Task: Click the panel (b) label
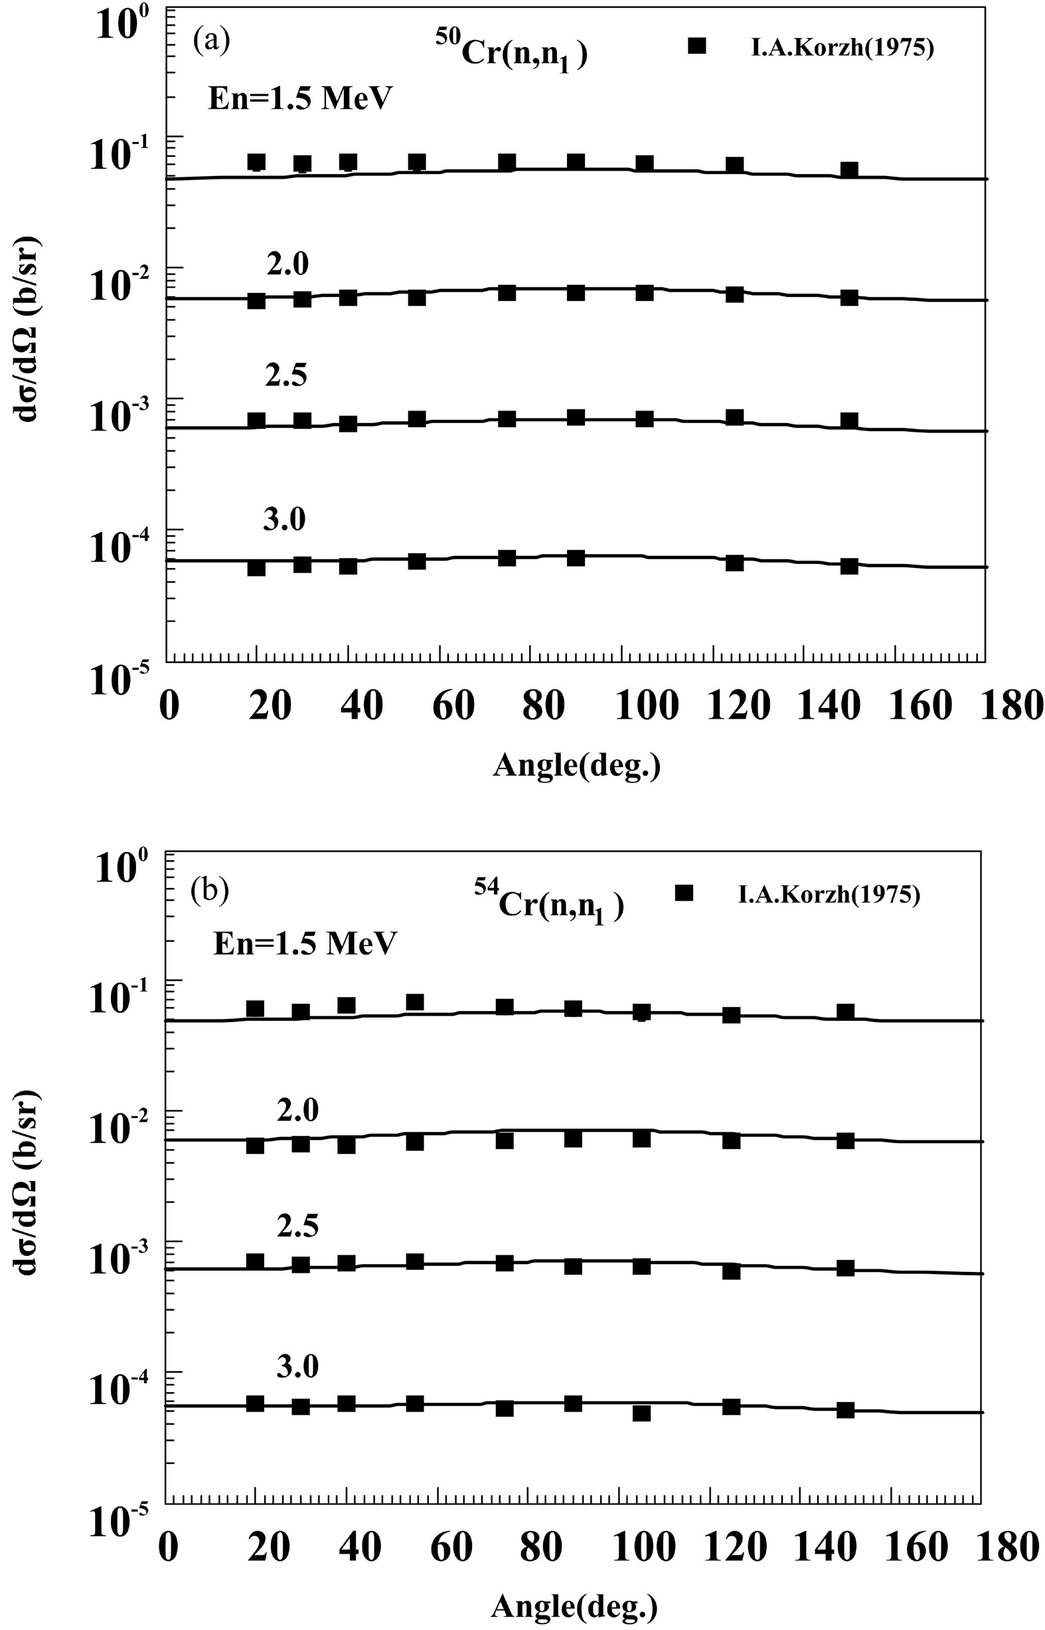tap(210, 890)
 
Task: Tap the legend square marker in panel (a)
tap(697, 46)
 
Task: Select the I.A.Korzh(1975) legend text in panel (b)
tap(829, 894)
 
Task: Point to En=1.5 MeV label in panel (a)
tap(300, 99)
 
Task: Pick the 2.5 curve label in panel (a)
tap(285, 375)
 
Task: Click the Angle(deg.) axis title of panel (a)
tap(576, 765)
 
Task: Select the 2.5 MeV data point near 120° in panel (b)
tap(731, 1271)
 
